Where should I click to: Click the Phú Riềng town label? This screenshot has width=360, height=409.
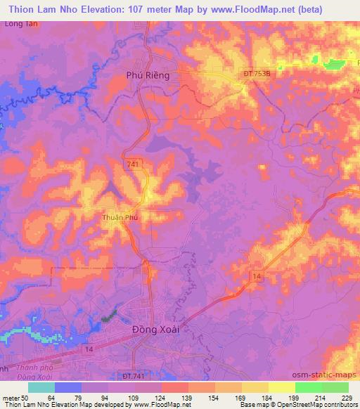[x=148, y=76]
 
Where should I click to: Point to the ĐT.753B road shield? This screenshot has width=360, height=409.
[x=256, y=73]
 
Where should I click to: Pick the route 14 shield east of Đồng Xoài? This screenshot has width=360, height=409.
[x=257, y=278]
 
